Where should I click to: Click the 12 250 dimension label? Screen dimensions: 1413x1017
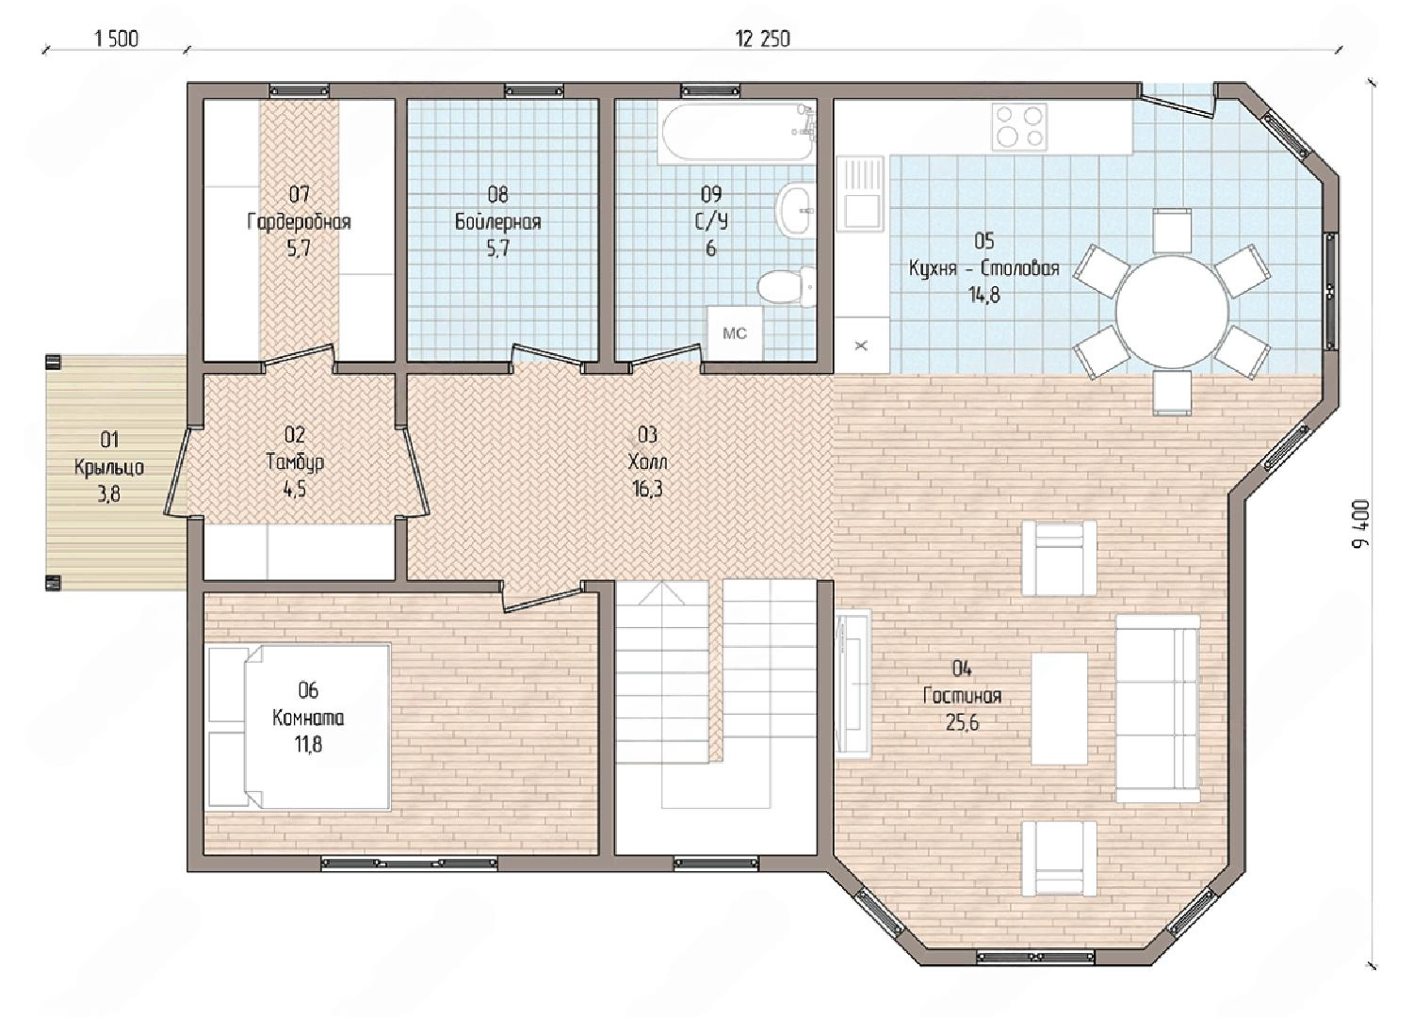point(763,40)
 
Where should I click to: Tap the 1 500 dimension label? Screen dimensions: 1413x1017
point(116,40)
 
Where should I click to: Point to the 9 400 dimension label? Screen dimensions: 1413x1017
point(1361,524)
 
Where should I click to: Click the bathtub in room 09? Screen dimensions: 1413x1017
point(736,132)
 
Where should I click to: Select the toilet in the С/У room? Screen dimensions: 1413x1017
point(786,289)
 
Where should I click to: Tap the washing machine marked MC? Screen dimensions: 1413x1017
point(734,333)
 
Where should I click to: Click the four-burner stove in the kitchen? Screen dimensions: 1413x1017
point(1018,127)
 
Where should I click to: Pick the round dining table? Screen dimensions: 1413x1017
point(1172,312)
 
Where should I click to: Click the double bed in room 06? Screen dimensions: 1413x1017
point(299,726)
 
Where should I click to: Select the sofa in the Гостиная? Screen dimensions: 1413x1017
point(1158,709)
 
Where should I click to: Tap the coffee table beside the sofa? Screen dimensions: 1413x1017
point(1059,709)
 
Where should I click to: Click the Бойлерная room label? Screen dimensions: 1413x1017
point(497,222)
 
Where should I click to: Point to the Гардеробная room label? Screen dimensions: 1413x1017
point(299,222)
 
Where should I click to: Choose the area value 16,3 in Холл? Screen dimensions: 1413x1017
point(647,489)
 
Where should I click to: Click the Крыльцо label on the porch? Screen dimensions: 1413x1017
point(109,468)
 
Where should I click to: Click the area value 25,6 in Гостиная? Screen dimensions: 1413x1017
point(962,722)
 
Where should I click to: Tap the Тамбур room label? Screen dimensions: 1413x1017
point(295,462)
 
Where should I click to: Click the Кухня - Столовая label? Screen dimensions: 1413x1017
point(984,268)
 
